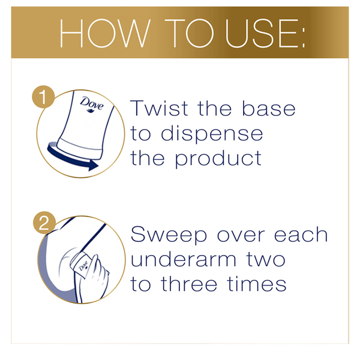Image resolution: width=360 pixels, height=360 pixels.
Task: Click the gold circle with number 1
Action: [x=43, y=97]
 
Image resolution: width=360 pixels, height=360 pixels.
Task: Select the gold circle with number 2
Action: [x=44, y=223]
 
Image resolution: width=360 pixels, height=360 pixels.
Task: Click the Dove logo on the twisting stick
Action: [x=92, y=104]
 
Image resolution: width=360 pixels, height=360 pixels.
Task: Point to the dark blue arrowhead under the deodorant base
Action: [x=93, y=165]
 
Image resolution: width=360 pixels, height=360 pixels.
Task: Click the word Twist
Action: [x=159, y=108]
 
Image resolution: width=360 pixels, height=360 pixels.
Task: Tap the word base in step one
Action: [x=268, y=108]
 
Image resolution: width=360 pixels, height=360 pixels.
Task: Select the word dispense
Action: [x=212, y=134]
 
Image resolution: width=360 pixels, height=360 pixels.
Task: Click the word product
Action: [x=218, y=159]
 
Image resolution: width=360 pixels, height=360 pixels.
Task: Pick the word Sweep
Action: [x=169, y=235]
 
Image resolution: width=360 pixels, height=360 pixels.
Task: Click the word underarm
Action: [x=183, y=259]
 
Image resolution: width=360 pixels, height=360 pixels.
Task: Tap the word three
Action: [x=189, y=284]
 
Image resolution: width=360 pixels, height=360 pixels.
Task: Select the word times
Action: [x=257, y=284]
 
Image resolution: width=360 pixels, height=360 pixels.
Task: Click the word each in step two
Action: [x=301, y=234]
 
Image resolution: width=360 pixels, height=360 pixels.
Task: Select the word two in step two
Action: [x=266, y=260]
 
